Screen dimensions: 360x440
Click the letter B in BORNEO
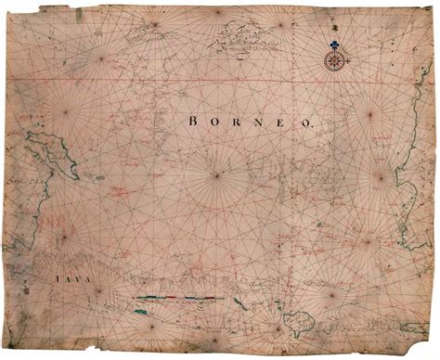click(x=192, y=120)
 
